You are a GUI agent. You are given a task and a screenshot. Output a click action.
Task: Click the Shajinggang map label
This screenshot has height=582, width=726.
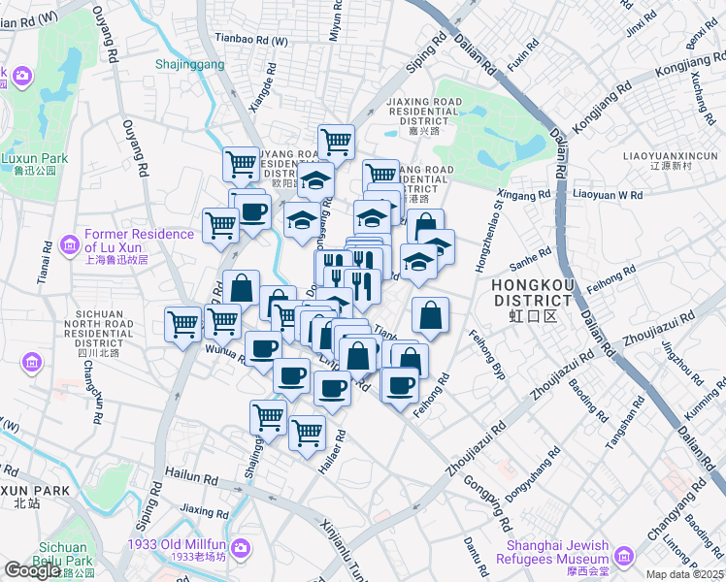click(189, 65)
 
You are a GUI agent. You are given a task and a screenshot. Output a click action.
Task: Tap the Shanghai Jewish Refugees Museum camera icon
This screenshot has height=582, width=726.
click(622, 554)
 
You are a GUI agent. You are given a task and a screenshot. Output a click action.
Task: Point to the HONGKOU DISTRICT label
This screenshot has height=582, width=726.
click(533, 293)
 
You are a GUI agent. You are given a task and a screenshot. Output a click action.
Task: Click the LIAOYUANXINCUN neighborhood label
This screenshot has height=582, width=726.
click(670, 154)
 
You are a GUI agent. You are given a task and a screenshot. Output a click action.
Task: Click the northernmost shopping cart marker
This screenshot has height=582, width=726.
click(336, 140)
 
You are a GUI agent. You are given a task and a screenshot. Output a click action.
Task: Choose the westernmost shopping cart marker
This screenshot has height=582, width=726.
click(182, 323)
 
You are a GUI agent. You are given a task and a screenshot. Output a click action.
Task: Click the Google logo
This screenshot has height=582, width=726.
click(32, 570)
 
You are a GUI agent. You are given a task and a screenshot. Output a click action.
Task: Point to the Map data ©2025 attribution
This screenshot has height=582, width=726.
click(685, 575)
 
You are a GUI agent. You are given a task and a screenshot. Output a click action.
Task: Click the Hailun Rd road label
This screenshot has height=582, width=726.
click(191, 478)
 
